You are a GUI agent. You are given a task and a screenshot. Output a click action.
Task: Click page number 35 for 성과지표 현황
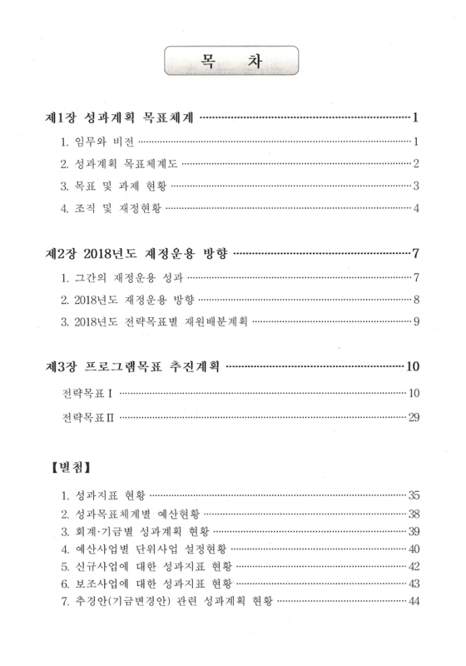coord(411,495)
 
